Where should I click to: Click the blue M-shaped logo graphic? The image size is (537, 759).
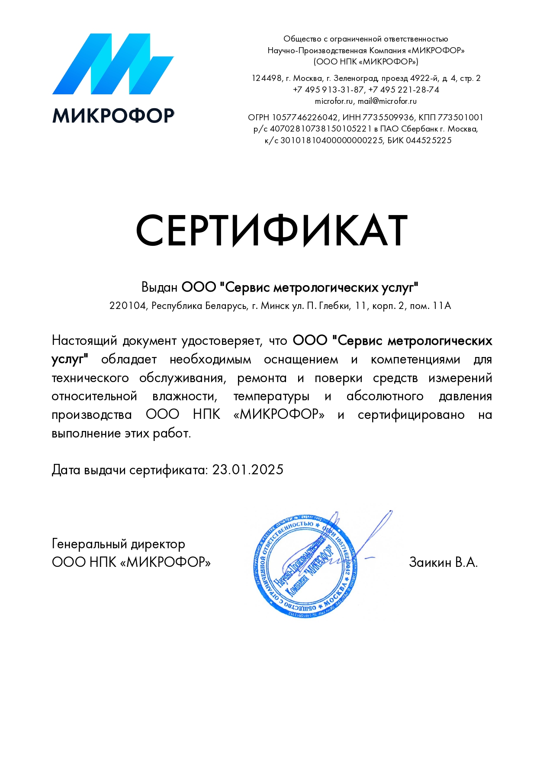(x=113, y=64)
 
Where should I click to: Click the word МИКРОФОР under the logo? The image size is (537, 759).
(x=113, y=116)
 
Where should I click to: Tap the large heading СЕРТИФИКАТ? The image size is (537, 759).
(x=272, y=231)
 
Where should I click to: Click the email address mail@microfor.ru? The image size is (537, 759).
(x=387, y=101)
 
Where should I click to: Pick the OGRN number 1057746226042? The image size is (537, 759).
(x=305, y=117)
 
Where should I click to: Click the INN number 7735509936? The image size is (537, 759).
(x=388, y=117)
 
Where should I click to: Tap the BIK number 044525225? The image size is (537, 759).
(x=428, y=140)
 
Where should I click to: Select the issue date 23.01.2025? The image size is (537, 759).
(x=248, y=470)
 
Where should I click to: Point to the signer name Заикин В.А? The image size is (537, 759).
(x=443, y=562)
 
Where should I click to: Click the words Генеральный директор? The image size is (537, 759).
(x=118, y=544)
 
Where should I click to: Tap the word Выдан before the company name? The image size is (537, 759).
(x=159, y=287)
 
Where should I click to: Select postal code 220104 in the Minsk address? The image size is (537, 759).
(x=128, y=306)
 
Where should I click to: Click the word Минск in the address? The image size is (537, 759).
(x=275, y=306)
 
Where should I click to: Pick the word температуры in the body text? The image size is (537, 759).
(x=271, y=396)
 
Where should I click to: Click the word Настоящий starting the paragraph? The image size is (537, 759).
(x=84, y=341)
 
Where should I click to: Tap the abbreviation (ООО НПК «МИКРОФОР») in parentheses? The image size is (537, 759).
(x=366, y=61)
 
